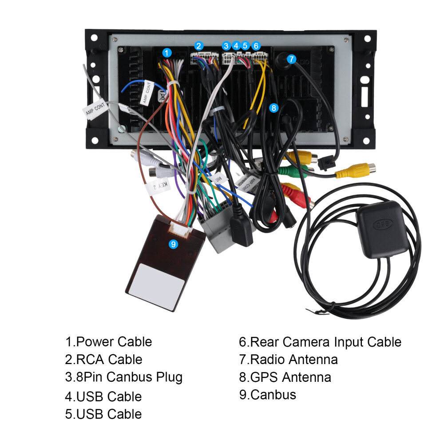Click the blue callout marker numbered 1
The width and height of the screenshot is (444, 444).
pyautogui.click(x=166, y=53)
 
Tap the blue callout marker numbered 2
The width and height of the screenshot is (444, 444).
pyautogui.click(x=199, y=46)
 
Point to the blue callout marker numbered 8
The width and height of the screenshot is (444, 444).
pyautogui.click(x=274, y=107)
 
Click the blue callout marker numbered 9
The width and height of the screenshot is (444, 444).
pyautogui.click(x=174, y=244)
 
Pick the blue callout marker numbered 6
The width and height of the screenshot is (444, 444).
pyautogui.click(x=256, y=46)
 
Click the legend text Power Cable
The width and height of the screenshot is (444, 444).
pyautogui.click(x=114, y=342)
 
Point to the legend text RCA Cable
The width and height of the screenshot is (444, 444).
pyautogui.click(x=109, y=359)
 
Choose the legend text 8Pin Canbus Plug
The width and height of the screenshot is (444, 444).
pyautogui.click(x=129, y=377)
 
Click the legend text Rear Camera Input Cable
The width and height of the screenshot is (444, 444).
pyautogui.click(x=325, y=342)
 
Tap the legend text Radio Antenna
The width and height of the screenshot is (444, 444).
pyautogui.click(x=293, y=359)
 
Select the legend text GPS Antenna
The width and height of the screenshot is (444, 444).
pyautogui.click(x=290, y=377)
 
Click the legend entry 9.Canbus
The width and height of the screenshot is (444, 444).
pyautogui.click(x=268, y=394)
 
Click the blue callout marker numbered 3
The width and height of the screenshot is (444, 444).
pyautogui.click(x=226, y=46)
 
